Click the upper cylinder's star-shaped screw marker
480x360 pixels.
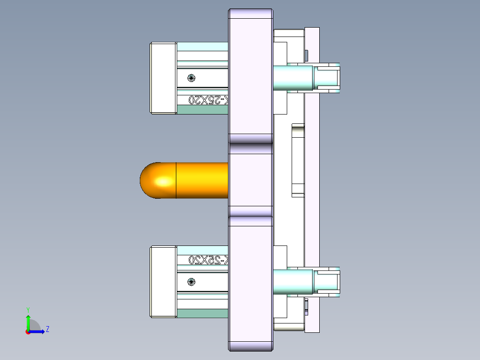click(x=191, y=78)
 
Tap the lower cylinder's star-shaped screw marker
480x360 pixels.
click(x=191, y=282)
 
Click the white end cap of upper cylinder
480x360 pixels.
click(x=163, y=78)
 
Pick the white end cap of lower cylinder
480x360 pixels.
click(x=163, y=282)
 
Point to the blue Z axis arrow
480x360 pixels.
click(x=37, y=331)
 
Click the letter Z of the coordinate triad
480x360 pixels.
click(x=47, y=329)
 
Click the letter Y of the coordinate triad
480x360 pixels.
click(x=28, y=309)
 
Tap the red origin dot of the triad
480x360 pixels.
click(x=28, y=332)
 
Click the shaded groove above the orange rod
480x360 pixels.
click(x=250, y=149)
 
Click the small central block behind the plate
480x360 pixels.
click(x=297, y=160)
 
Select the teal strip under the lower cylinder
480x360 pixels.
click(x=203, y=314)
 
